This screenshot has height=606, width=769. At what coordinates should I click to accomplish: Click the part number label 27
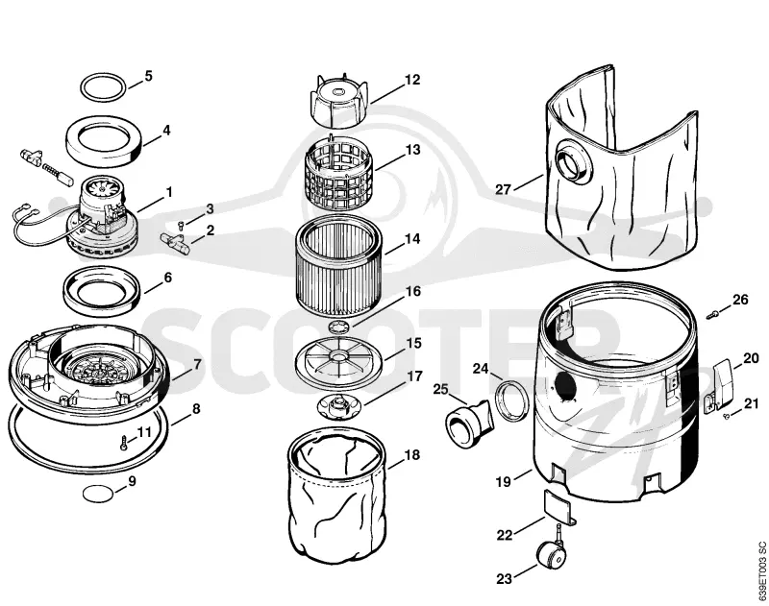click(x=503, y=189)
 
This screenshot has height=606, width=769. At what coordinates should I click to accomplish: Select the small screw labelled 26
click(x=712, y=314)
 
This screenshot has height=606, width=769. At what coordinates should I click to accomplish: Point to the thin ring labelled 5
click(x=103, y=88)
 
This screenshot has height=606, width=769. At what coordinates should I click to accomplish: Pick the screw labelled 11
click(x=125, y=443)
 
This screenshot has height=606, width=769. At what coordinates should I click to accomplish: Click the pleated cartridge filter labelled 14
click(x=339, y=265)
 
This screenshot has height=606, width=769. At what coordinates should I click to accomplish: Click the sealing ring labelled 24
click(x=511, y=400)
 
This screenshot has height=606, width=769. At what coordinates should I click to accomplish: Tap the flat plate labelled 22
click(x=558, y=505)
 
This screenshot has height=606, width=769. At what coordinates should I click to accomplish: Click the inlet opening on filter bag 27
click(x=574, y=166)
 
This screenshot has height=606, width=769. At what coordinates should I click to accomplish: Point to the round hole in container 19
click(x=565, y=384)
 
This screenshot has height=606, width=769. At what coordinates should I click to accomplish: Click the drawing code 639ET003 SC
click(x=761, y=570)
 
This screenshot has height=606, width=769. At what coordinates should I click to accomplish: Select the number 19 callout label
click(x=503, y=482)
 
